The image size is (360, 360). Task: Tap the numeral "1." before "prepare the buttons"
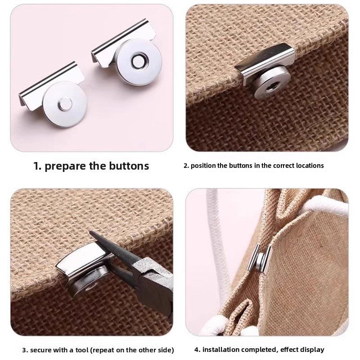tap(38, 166)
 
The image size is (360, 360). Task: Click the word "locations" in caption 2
tap(308, 166)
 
